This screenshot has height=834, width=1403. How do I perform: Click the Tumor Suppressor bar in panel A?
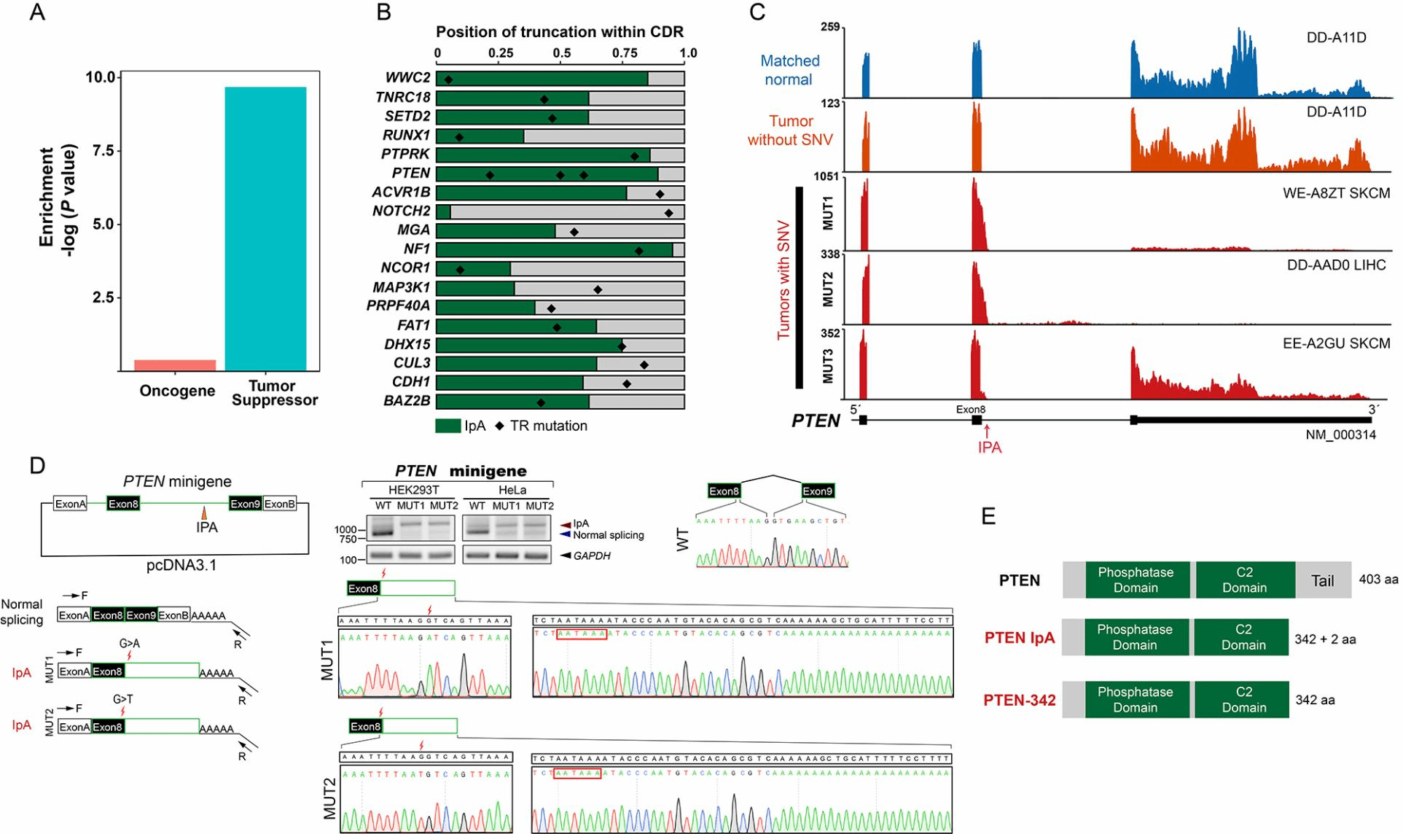[265, 229]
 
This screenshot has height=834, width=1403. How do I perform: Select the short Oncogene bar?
[175, 365]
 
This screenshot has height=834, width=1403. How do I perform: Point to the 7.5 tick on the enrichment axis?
[101, 151]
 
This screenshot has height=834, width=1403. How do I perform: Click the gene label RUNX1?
[406, 136]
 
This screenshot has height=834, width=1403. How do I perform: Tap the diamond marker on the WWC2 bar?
[449, 79]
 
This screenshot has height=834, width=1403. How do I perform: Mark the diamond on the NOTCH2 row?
[668, 212]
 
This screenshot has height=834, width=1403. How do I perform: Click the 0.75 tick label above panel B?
[625, 53]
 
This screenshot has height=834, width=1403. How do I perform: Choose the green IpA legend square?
[448, 426]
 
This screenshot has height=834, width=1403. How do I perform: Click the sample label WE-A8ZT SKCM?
[1336, 193]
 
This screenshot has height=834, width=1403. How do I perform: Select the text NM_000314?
[1340, 435]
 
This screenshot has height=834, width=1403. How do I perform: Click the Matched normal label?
[789, 70]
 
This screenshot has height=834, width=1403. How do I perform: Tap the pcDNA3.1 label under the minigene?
[181, 565]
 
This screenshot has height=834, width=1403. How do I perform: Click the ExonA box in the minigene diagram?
[71, 504]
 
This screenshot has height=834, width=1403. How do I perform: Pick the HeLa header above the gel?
[512, 490]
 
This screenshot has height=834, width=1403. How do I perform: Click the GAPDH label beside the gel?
[591, 556]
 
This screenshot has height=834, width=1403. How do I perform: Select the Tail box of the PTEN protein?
[1322, 580]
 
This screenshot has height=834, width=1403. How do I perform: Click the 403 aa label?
[1378, 580]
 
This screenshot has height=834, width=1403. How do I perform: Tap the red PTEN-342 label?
[1019, 701]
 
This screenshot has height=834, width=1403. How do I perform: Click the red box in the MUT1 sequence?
[581, 634]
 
